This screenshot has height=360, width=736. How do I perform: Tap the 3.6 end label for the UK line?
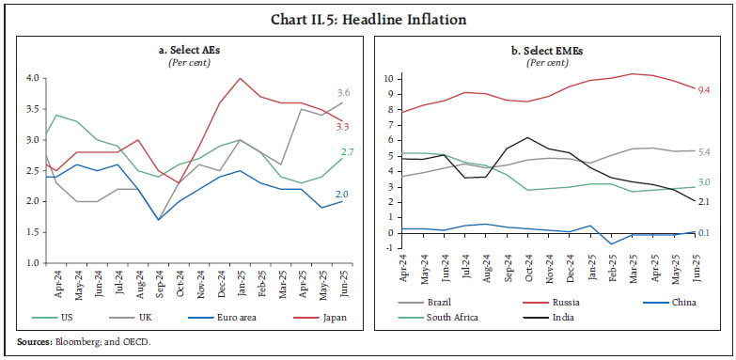tap(343, 93)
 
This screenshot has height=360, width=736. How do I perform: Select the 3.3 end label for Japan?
tap(343, 126)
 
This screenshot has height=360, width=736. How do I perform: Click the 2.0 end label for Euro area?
tap(343, 195)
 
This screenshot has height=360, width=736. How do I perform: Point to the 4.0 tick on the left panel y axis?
tap(35, 78)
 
